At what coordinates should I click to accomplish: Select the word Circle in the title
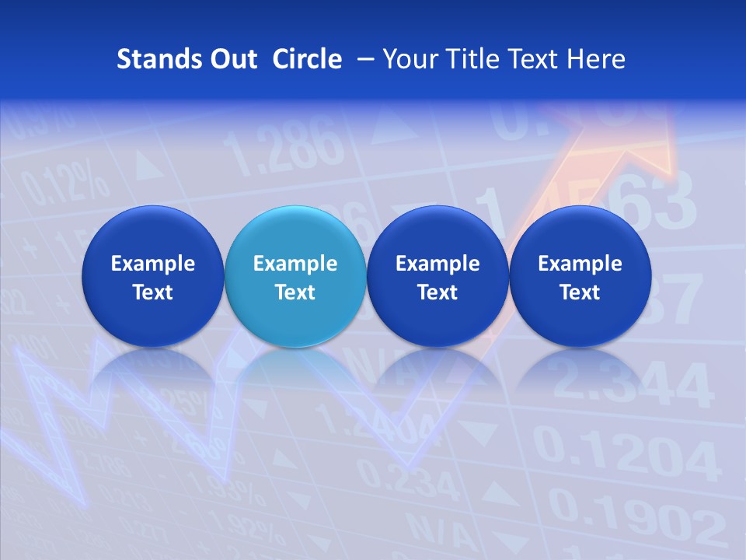307,59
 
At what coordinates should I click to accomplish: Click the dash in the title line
363,60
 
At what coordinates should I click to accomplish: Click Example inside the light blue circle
295,264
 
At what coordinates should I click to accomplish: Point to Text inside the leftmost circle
153,292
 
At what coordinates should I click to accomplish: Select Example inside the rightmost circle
580,264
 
